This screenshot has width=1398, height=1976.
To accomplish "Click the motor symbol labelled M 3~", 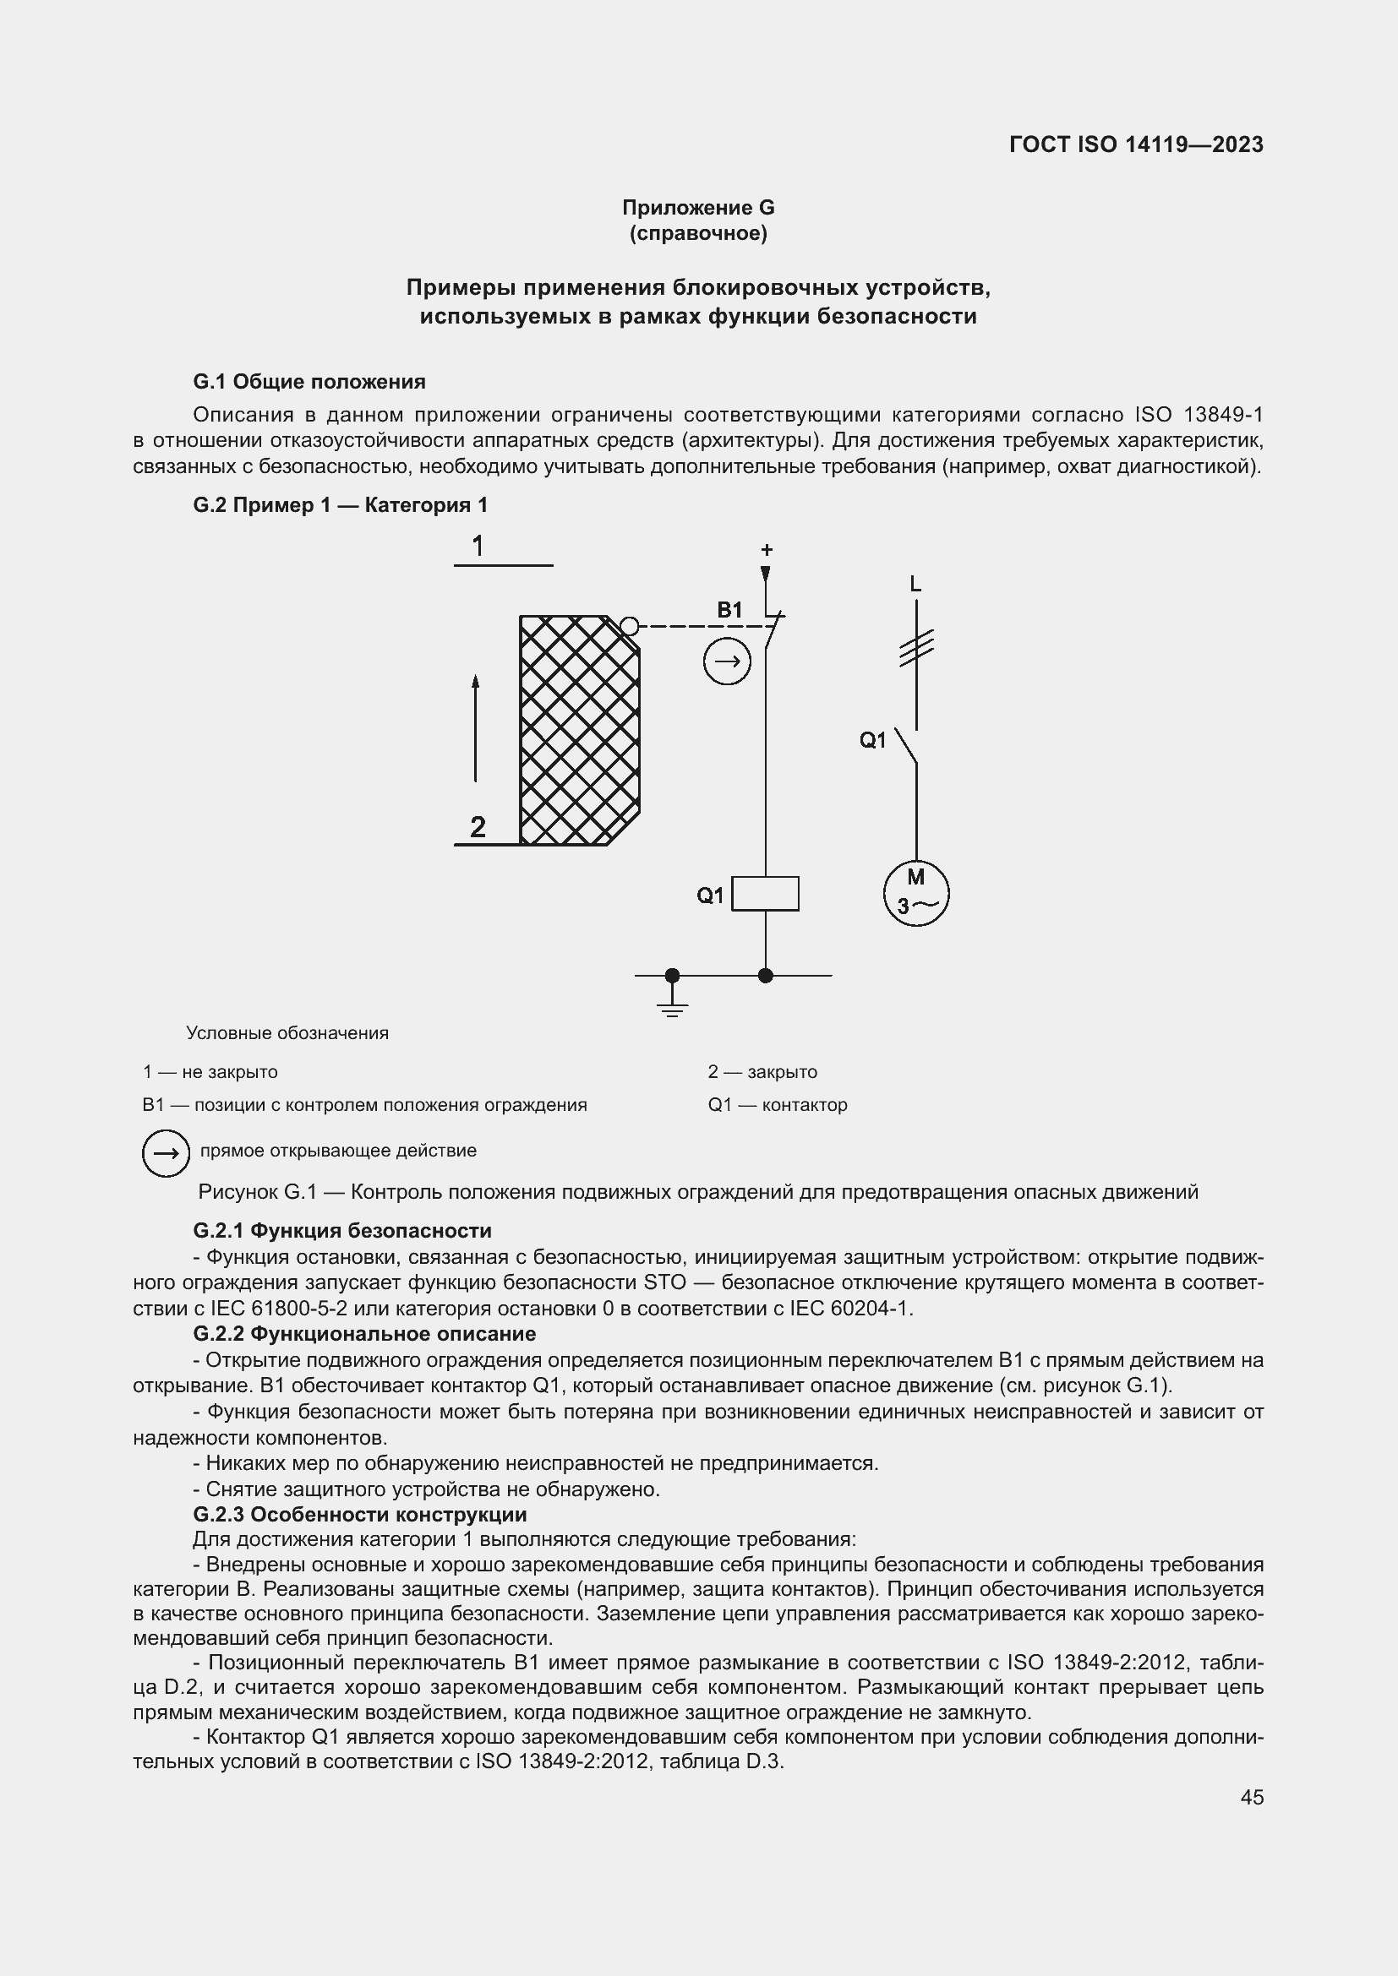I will (x=916, y=892).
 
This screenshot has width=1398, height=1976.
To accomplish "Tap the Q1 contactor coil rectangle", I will (x=764, y=893).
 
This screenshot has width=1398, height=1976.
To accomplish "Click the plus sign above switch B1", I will (x=766, y=549).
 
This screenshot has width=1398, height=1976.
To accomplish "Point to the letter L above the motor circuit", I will (x=915, y=585).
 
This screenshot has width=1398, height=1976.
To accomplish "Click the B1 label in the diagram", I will (x=729, y=610).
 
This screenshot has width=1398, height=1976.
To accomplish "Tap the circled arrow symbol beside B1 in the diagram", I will (x=728, y=661).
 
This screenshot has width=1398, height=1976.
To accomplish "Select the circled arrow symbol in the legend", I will (x=166, y=1152).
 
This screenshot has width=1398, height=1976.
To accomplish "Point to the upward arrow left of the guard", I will (x=475, y=728).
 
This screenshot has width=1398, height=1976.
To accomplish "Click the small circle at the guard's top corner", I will (x=630, y=626).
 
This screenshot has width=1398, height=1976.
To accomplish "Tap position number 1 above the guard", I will (x=478, y=546).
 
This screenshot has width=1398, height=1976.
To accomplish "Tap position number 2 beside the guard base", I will (x=478, y=827).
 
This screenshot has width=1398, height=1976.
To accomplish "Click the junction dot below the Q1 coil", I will (x=764, y=975).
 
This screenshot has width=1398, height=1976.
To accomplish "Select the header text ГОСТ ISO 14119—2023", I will (x=1135, y=144).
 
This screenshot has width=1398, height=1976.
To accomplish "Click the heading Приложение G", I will (x=698, y=208).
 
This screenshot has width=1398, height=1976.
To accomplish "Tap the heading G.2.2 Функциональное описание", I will (x=364, y=1333).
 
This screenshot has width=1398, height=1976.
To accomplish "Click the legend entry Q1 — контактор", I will (x=778, y=1104).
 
